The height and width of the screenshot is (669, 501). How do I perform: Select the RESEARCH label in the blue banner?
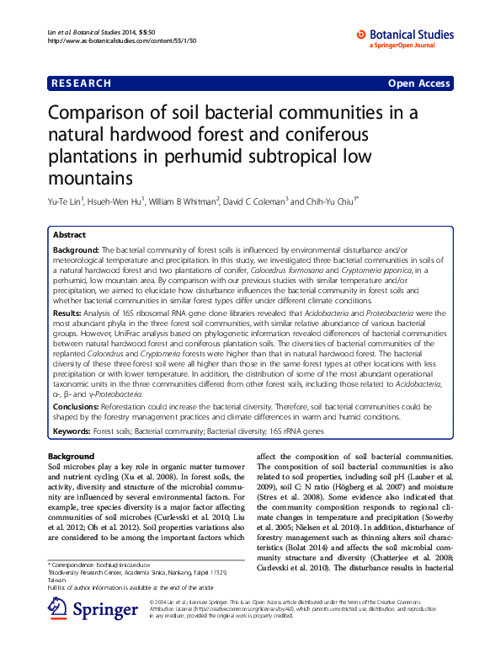pos(81,83)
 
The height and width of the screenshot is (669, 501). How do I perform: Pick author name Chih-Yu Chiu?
pos(329,202)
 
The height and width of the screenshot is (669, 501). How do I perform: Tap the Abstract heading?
pos(70,235)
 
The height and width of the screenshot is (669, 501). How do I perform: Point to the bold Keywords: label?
pos(72,430)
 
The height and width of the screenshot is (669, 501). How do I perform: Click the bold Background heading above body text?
pos(72,456)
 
